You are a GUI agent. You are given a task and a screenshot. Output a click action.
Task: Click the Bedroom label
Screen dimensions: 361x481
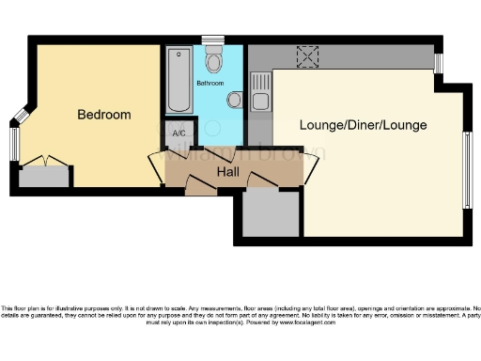tap(103, 115)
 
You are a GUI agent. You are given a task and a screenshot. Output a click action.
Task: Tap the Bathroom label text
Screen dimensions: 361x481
tap(209, 84)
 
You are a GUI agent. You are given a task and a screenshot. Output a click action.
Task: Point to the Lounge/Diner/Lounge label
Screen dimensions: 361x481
tap(363, 125)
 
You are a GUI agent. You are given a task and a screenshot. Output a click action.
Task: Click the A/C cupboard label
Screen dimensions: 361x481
tap(179, 133)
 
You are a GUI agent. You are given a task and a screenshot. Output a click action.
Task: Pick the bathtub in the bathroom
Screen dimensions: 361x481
tap(178, 82)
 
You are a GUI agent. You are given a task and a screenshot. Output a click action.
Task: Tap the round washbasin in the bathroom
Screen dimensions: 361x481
tap(234, 100)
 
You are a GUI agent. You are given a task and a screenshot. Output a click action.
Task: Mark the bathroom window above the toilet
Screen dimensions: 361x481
tap(213, 39)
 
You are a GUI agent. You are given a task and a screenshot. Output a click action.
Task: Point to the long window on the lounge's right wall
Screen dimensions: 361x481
tap(467, 168)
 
